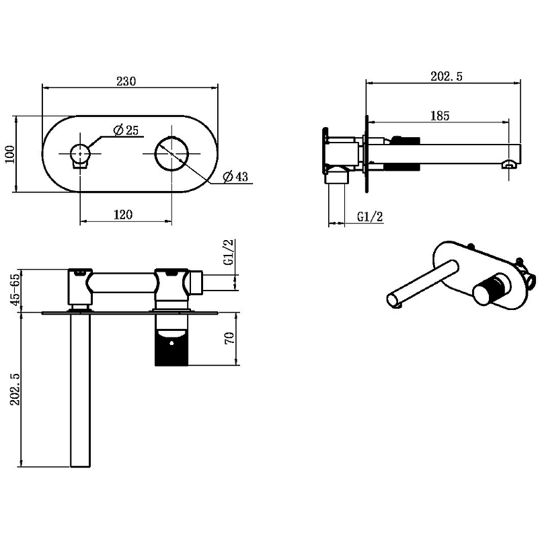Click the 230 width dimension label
[126, 81]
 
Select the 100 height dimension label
[10, 155]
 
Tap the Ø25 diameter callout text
[126, 130]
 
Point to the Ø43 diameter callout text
[235, 176]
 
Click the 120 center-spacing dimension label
[123, 215]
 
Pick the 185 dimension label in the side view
[440, 116]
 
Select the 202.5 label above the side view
[447, 76]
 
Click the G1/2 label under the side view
[370, 217]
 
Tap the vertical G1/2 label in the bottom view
[229, 252]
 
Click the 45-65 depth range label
[15, 290]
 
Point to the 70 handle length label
[229, 338]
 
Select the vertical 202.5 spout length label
[15, 389]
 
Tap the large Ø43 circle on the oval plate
[171, 153]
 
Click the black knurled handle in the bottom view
[171, 347]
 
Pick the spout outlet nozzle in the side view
[509, 163]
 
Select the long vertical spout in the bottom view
[80, 389]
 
